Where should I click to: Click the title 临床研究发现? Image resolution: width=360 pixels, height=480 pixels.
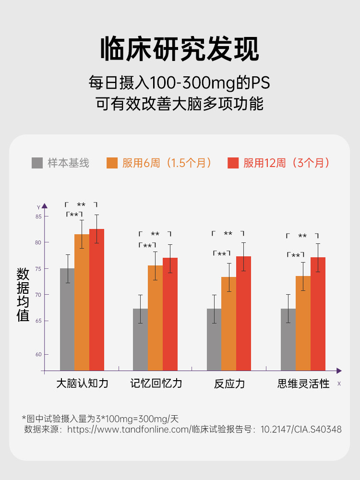(180, 49)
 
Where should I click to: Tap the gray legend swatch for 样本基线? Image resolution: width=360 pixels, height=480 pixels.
(37, 163)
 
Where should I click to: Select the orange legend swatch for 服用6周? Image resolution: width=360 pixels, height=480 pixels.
(112, 163)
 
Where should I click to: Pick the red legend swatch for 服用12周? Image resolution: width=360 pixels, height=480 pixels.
(233, 163)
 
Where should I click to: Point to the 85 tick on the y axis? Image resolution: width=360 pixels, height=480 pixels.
(39, 216)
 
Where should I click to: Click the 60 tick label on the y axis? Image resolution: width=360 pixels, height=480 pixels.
(39, 354)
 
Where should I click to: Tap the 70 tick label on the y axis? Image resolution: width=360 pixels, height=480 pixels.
(39, 295)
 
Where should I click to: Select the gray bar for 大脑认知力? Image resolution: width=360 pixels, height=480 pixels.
(67, 319)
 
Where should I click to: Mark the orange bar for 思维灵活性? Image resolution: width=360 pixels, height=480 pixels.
(303, 323)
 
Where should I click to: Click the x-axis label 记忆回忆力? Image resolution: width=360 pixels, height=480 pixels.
(156, 384)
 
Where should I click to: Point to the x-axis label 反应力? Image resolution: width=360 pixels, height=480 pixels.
(229, 384)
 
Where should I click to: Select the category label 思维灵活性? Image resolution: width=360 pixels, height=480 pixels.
(303, 384)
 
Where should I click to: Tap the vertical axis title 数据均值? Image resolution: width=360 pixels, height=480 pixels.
(23, 295)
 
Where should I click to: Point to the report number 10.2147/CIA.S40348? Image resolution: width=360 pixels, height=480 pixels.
(301, 430)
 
